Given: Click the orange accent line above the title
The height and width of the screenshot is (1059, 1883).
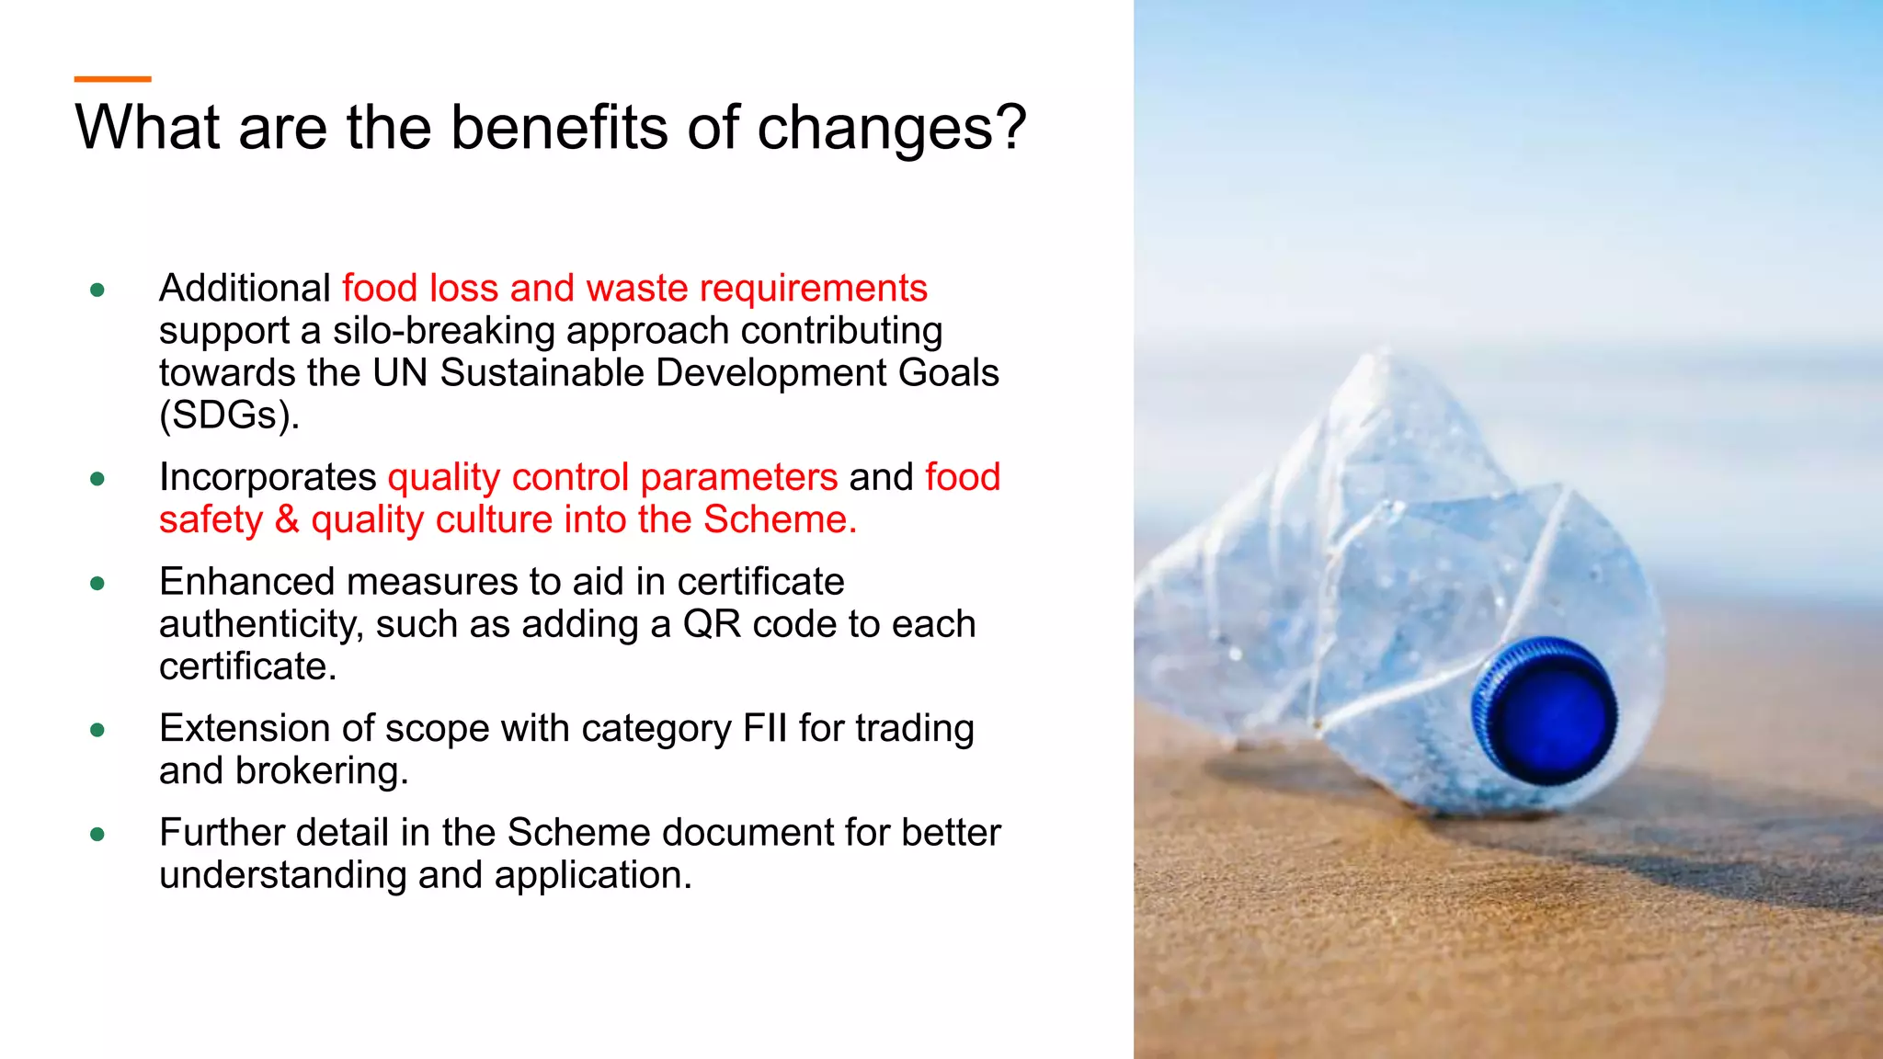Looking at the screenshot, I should tap(112, 79).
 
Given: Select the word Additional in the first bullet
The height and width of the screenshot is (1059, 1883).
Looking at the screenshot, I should tap(245, 289).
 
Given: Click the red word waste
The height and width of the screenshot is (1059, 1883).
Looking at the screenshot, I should tap(636, 289).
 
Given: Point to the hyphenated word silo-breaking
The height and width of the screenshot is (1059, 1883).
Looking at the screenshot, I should tap(439, 331).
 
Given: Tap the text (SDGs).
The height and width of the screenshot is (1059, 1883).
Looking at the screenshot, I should tap(230, 416).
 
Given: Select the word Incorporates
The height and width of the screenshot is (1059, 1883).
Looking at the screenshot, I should tap(268, 477).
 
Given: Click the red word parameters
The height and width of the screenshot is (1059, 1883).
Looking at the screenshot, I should tap(739, 477).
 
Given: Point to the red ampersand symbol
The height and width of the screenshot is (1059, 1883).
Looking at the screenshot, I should tap(287, 519).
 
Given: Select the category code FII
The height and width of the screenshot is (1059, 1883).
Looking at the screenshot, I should tap(765, 728).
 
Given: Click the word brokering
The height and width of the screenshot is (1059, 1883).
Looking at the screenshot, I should tap(321, 770).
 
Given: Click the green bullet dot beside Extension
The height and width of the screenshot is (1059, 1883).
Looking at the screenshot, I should tap(97, 731).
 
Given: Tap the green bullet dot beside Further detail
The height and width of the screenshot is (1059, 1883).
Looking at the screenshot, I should tap(97, 835).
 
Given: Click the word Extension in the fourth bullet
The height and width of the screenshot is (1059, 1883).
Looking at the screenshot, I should tap(245, 728).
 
